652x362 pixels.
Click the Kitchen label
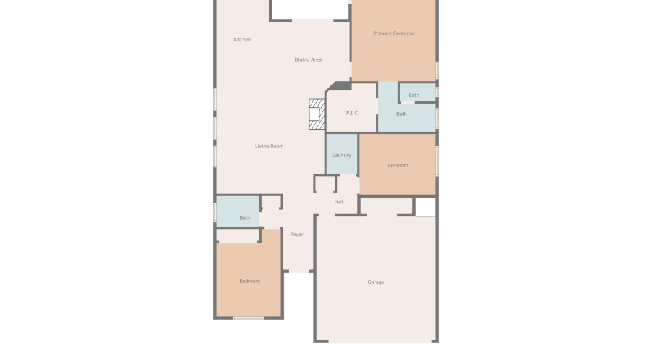[242, 40]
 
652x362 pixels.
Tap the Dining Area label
[308, 59]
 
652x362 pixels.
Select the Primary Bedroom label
[393, 33]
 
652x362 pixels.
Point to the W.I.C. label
[352, 113]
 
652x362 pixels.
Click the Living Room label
[269, 146]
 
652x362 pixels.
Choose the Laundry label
[342, 155]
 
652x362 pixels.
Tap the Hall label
[338, 202]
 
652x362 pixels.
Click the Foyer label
[296, 235]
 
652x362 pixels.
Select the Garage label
[376, 282]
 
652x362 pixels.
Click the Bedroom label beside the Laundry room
[398, 166]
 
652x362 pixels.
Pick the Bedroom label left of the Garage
[249, 281]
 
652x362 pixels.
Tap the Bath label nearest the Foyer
[245, 218]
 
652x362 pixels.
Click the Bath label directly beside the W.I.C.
[401, 114]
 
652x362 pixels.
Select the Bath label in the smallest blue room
[414, 95]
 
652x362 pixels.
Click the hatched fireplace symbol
[317, 114]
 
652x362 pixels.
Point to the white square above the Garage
[425, 207]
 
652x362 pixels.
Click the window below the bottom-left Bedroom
[248, 318]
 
